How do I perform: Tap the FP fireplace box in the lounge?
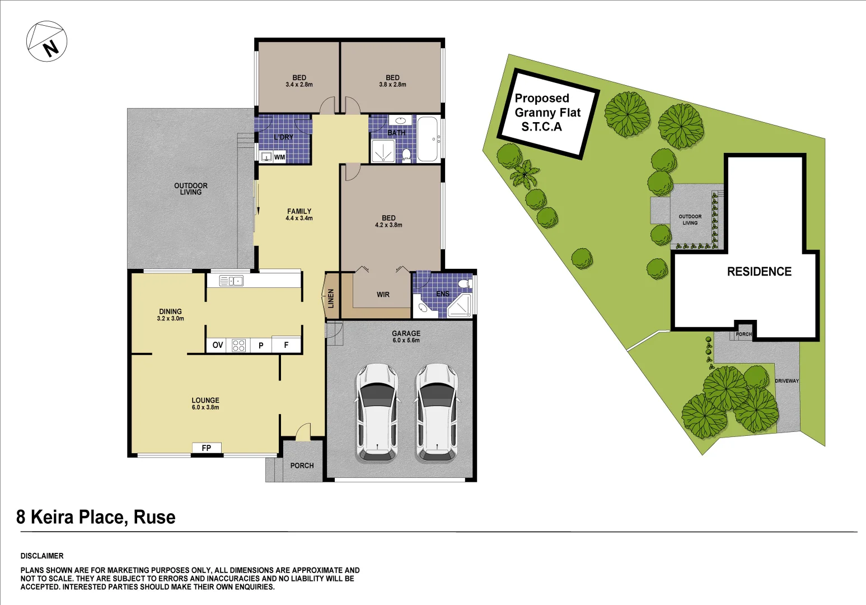point(207,448)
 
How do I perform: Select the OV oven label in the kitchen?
point(218,345)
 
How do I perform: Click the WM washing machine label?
point(279,157)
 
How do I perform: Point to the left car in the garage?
point(377,412)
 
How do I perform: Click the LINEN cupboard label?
point(331,298)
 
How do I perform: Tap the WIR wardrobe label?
point(383,295)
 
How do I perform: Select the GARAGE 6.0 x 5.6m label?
point(406,337)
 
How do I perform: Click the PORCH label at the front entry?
point(302,466)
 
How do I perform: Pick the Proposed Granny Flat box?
point(549,113)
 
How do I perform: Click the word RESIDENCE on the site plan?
point(759,272)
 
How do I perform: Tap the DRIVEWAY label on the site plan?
point(787,381)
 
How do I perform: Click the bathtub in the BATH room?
point(428,139)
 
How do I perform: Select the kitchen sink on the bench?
point(231,281)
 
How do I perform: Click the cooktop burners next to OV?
point(238,345)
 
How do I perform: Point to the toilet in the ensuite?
point(464,284)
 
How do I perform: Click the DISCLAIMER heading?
point(42,556)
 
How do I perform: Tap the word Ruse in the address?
point(155,517)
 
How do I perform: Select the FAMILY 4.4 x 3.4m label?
point(299,215)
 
